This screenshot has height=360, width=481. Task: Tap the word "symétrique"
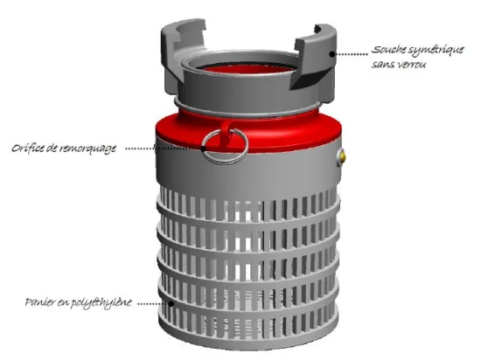436,51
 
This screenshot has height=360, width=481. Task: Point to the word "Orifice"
28,149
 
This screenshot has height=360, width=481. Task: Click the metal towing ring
225,160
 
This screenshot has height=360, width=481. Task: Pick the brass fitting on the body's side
341,157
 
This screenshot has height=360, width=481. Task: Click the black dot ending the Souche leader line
332,54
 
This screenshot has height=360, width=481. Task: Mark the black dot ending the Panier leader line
171,303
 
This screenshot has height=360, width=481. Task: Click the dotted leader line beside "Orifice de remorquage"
164,149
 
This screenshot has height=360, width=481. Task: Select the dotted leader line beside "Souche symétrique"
351,54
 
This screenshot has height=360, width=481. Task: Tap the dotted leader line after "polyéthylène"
153,303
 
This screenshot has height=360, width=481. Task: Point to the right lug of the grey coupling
316,59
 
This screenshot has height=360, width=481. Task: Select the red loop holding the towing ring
227,134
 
